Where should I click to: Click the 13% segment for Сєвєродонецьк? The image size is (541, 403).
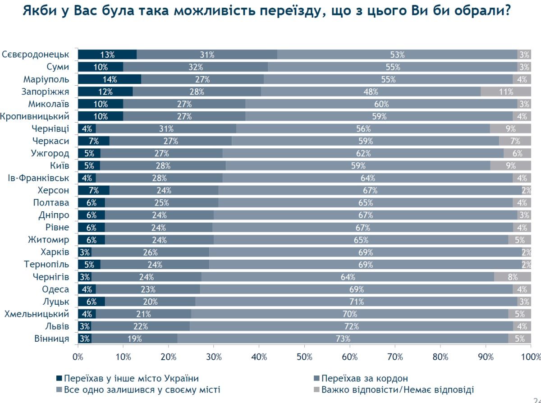tap(107, 55)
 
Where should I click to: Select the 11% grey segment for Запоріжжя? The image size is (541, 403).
tap(506, 92)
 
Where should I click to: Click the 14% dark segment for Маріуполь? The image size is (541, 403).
tap(110, 79)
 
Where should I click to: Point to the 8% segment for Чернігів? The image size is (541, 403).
tap(512, 277)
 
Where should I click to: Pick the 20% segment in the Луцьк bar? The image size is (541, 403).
tap(150, 302)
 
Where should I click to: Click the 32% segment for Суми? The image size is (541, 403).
tap(196, 67)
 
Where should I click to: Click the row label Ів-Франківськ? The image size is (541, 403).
tap(39, 178)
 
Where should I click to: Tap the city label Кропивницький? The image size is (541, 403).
tap(35, 116)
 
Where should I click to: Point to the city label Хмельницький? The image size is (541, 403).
tap(37, 314)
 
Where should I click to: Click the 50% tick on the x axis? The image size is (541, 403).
tap(304, 357)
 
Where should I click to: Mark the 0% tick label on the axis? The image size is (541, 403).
tap(78, 357)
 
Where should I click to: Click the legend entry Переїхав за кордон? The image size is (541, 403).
tap(365, 379)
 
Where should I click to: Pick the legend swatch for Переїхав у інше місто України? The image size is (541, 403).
tap(59, 379)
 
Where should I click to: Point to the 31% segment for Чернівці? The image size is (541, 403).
tap(166, 128)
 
